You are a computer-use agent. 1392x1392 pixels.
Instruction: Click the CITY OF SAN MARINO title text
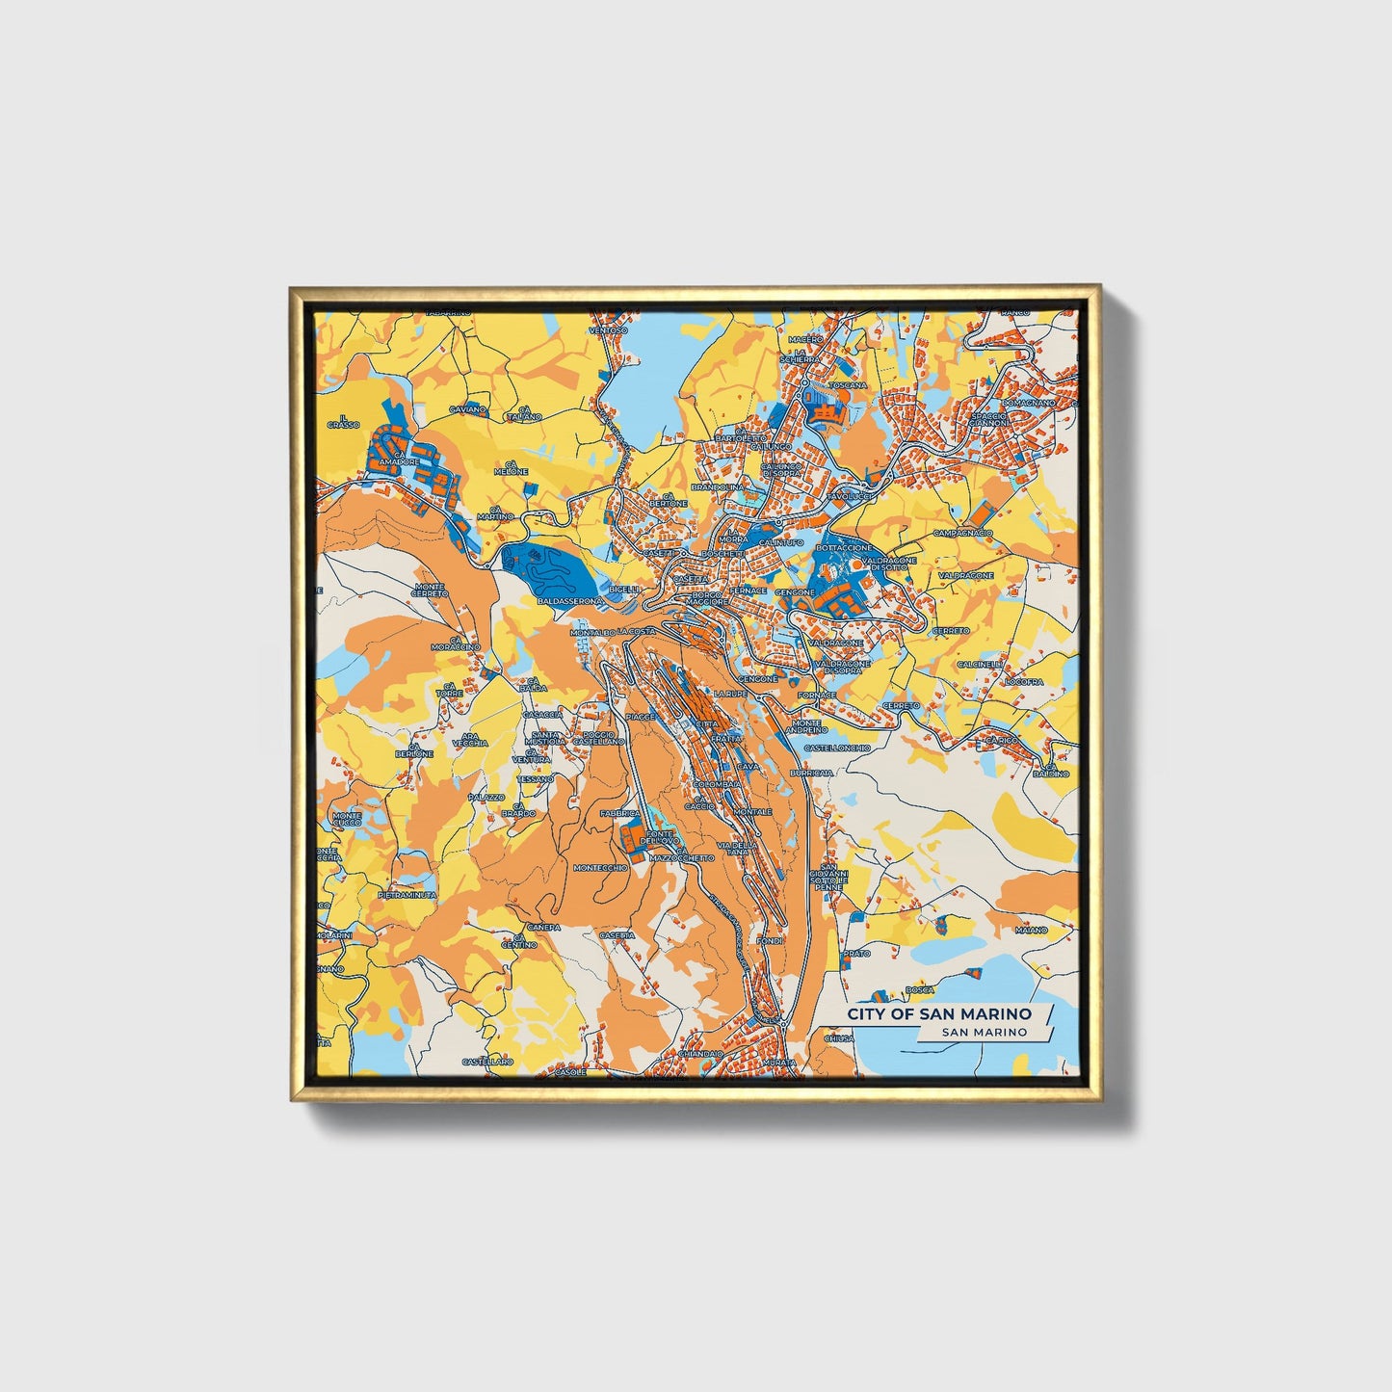[938, 1013]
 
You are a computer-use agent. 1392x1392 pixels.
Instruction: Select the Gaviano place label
[468, 409]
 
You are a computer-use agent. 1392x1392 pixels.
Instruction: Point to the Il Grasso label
[343, 421]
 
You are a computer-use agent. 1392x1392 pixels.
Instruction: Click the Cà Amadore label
[400, 459]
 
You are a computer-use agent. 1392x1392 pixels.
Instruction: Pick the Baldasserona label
[570, 601]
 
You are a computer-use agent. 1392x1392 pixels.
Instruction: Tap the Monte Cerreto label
[430, 590]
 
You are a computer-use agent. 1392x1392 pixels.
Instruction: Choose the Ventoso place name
[608, 330]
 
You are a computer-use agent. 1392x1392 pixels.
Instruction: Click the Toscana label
[847, 385]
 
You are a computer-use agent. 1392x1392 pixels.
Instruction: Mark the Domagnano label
[1028, 402]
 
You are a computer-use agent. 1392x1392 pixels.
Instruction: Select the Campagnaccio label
[962, 533]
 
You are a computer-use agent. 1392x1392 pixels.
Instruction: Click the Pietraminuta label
[407, 895]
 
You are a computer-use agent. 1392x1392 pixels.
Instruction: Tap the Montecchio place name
[600, 868]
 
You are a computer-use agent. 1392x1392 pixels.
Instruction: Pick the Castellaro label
[487, 1061]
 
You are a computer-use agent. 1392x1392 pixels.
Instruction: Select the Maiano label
[1031, 931]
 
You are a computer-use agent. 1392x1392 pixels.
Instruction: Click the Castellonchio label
[836, 748]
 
